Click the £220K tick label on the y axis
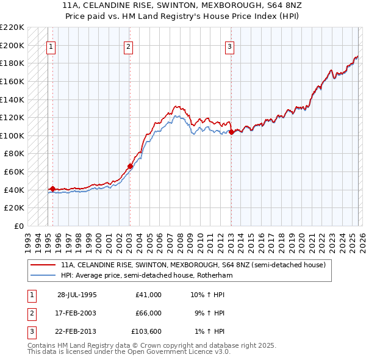(x=12, y=27)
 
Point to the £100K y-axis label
(x=12, y=135)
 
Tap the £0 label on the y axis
(x=18, y=226)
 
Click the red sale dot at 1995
(x=52, y=189)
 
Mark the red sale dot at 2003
(x=130, y=166)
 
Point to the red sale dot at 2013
(x=231, y=132)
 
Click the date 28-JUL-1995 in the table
(x=77, y=295)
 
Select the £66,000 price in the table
(x=148, y=313)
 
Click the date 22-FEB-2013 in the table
(x=77, y=331)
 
